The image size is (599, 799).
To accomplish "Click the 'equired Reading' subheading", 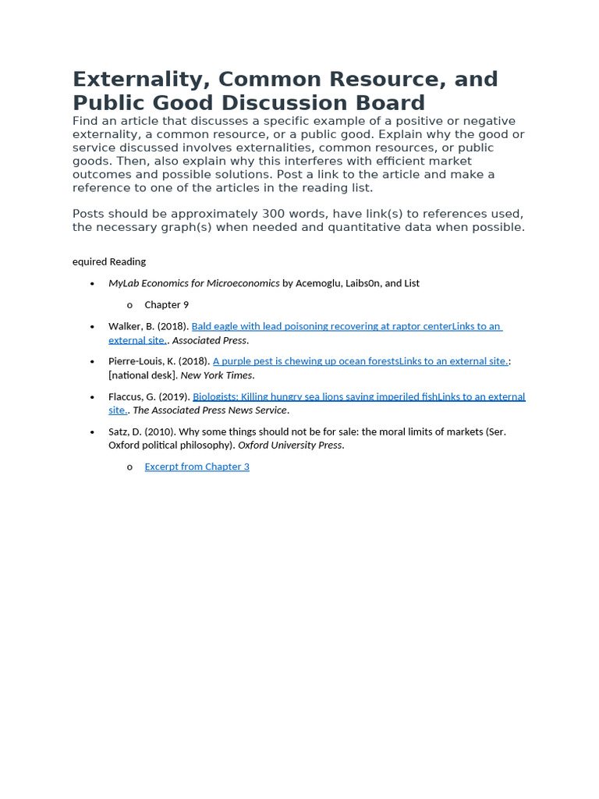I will [109, 261].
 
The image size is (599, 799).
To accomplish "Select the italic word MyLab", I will [123, 283].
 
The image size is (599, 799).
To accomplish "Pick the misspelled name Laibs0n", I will [364, 283].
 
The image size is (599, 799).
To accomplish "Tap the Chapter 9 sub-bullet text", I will [166, 304].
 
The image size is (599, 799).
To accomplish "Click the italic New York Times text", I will [216, 375].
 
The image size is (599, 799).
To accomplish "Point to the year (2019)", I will [175, 396].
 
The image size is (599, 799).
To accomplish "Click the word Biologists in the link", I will [215, 396].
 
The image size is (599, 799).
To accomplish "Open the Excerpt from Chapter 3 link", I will [197, 467].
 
